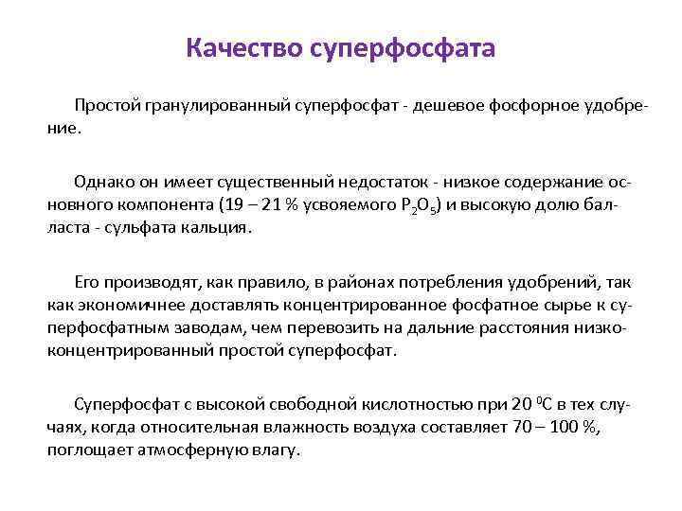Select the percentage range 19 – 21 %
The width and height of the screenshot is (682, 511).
261,203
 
